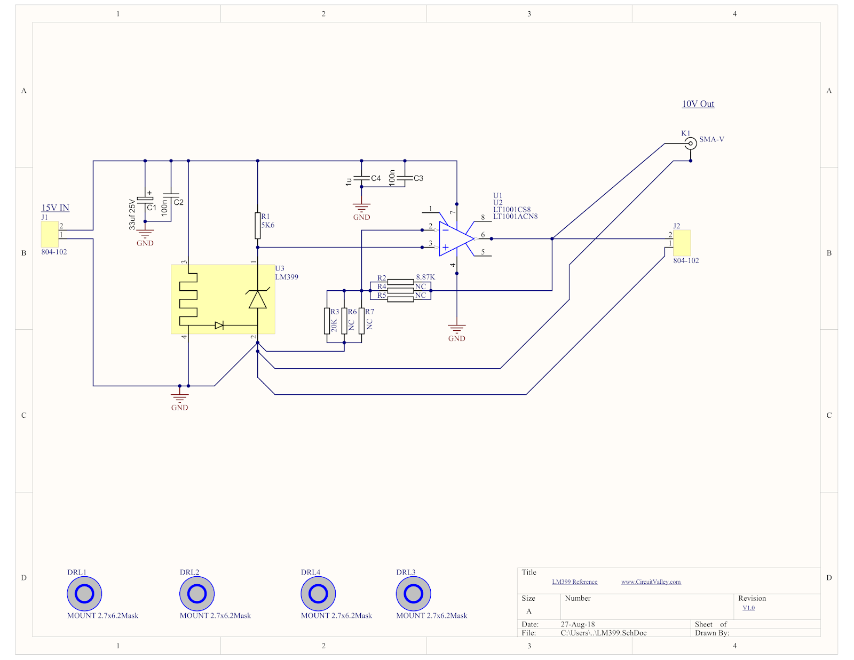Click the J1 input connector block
(x=50, y=234)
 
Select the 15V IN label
(x=56, y=208)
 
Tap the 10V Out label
(x=698, y=104)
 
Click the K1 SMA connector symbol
(x=690, y=143)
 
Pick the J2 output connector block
(x=682, y=243)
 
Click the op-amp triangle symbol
(x=455, y=238)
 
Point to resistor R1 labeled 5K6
(x=258, y=225)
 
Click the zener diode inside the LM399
(x=258, y=299)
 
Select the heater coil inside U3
(x=188, y=299)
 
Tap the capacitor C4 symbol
(x=361, y=178)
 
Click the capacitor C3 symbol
(x=405, y=178)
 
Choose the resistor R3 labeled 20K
(x=327, y=321)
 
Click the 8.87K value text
(x=425, y=277)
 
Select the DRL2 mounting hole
(x=197, y=593)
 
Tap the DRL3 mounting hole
(x=413, y=593)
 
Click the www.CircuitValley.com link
(x=651, y=582)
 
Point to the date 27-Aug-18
(x=578, y=624)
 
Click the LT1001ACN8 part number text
(x=515, y=217)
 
